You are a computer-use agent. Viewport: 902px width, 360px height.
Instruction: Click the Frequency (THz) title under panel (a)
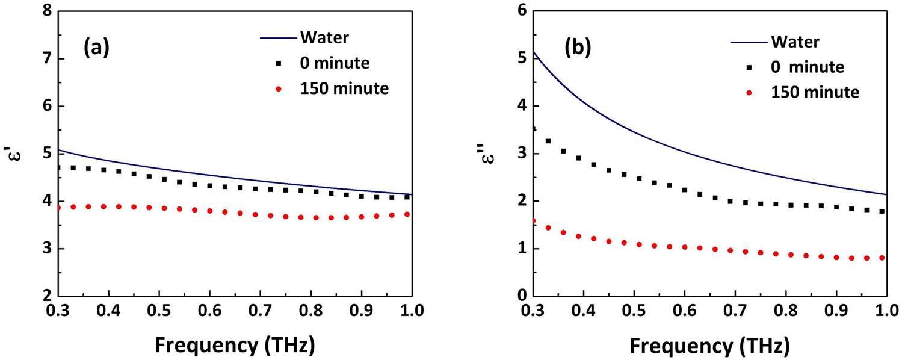(235, 345)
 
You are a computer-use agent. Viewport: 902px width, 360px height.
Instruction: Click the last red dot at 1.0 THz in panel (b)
(882, 258)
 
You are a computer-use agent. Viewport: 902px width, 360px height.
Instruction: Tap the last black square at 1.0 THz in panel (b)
(882, 211)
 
